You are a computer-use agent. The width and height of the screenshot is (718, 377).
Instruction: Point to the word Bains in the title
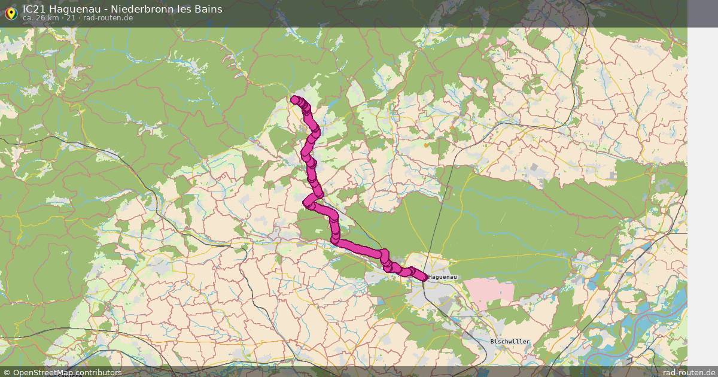point(206,9)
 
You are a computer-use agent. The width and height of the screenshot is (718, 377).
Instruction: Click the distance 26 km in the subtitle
point(47,18)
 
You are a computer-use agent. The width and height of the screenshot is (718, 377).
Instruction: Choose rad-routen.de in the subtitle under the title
point(108,18)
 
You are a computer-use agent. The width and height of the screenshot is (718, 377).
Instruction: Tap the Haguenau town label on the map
point(443,278)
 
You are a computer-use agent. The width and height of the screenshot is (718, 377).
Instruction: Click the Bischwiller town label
point(510,342)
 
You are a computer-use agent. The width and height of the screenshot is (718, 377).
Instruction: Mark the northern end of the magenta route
point(294,100)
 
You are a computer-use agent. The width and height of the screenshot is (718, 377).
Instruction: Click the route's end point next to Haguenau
point(424,276)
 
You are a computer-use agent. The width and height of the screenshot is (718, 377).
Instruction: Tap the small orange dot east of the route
point(426,145)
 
